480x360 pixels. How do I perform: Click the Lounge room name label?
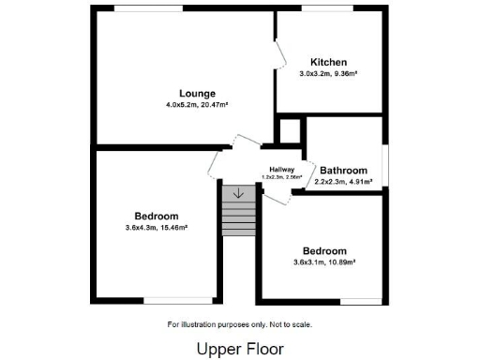198,93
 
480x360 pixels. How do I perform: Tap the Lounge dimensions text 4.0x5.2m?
183,105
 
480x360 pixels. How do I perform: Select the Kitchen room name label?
328,62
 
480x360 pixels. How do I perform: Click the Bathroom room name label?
342,170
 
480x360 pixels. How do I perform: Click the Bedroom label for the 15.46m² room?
155,215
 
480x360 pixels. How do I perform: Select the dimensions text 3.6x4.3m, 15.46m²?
155,227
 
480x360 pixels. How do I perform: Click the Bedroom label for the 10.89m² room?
324,250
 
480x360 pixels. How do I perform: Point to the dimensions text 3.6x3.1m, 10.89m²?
324,262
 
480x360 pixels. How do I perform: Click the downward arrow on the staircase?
238,194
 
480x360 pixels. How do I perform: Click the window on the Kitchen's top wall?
328,9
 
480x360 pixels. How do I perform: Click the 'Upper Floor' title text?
239,348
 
